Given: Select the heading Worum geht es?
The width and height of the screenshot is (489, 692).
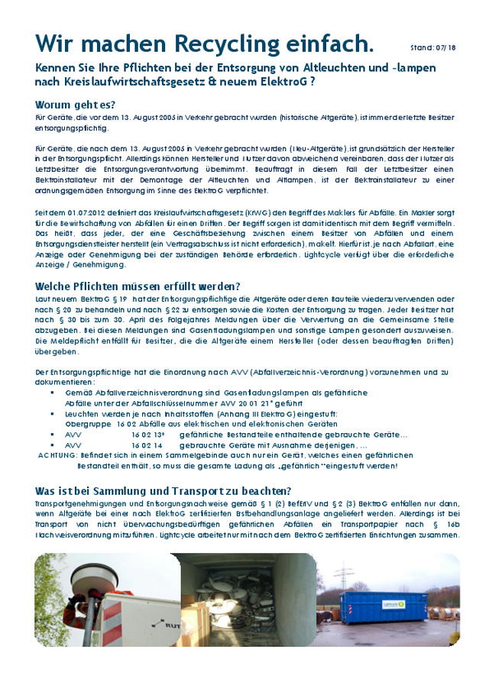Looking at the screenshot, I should coord(80,105).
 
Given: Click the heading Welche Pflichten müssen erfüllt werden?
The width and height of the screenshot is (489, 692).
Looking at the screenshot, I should coord(138,286).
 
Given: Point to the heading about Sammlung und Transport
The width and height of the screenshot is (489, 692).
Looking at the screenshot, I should coord(164,490).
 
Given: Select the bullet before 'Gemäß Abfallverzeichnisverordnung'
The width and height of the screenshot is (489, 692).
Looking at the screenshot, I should coord(52,393).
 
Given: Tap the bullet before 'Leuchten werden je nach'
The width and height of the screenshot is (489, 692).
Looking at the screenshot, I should coord(52,413).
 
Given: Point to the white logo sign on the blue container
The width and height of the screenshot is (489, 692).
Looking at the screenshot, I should coord(393,603).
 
